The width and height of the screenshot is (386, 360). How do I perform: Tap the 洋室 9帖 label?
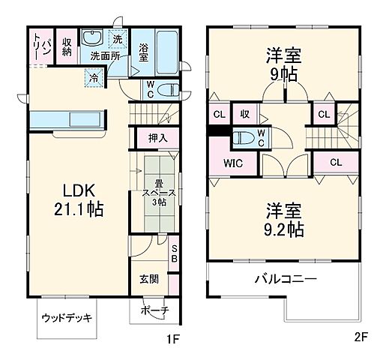283,65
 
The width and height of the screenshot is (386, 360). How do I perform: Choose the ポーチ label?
154,311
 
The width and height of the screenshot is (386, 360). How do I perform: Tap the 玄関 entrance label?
148,279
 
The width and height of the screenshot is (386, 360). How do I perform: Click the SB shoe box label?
174,253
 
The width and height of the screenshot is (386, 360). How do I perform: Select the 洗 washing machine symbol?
118,39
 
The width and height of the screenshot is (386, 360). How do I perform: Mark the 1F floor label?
173,338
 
